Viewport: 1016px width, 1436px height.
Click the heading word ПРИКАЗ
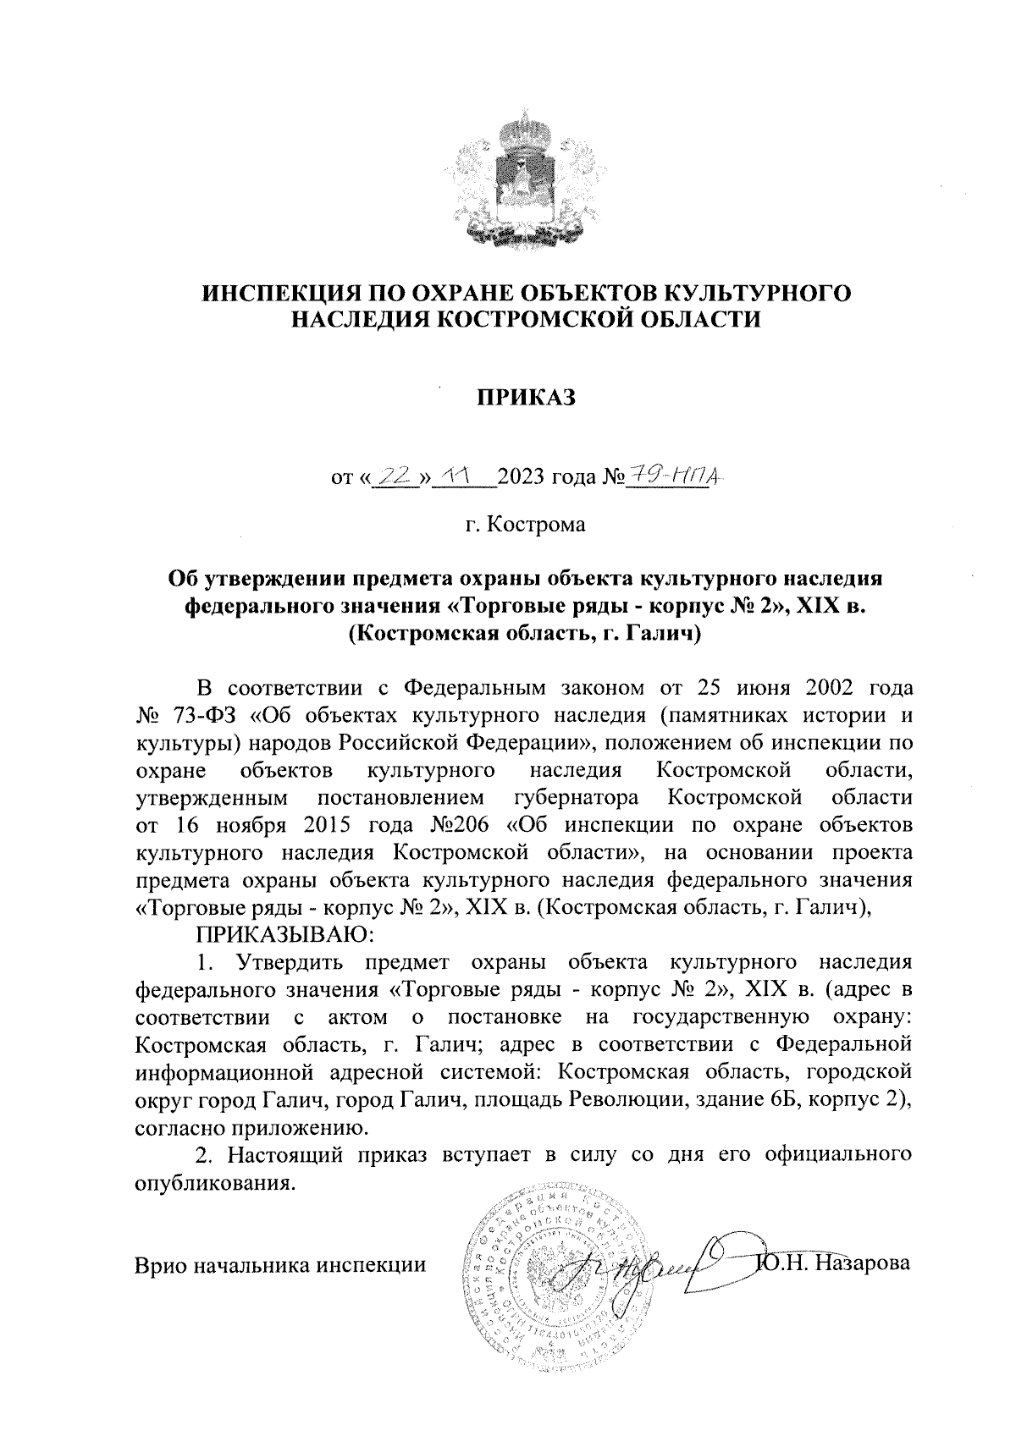(524, 397)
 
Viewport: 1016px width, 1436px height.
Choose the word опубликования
(216, 1182)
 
